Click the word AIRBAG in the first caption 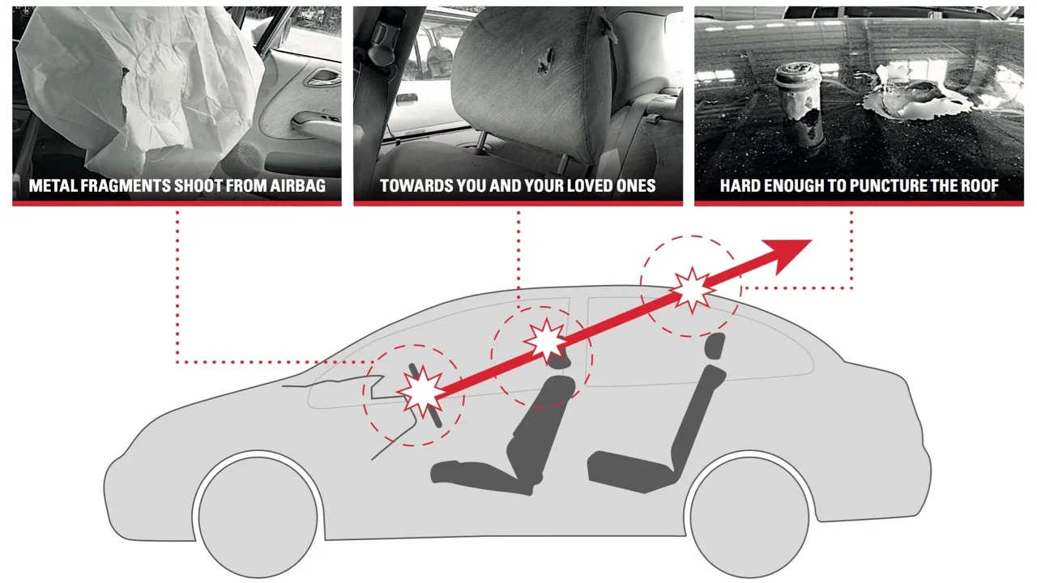297,186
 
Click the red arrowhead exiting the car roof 787,254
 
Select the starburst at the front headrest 547,341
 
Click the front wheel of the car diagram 258,517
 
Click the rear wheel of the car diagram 749,517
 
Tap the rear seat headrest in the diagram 715,346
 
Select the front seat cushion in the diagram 484,478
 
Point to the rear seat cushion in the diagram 634,472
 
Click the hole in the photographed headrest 545,62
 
